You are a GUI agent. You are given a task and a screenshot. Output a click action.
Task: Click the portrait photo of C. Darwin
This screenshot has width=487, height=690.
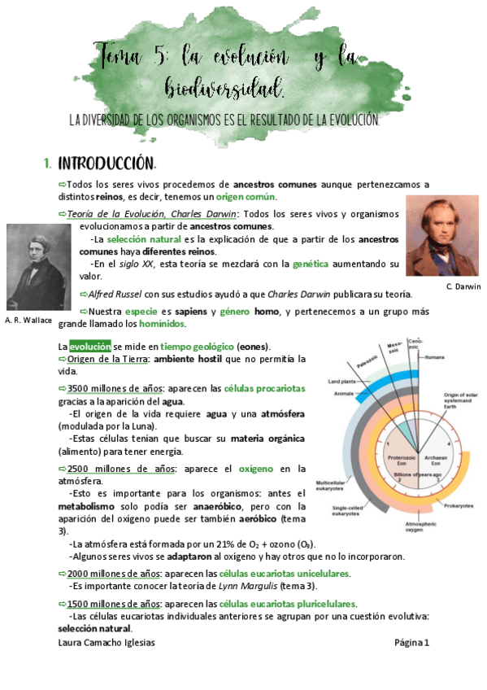coord(443,236)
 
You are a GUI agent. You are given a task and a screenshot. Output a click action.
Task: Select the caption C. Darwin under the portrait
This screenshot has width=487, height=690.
coord(463,286)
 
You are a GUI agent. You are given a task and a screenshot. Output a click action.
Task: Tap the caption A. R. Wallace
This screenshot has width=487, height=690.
coord(28,320)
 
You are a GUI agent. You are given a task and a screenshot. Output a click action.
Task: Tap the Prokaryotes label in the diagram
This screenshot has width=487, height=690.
coord(458,505)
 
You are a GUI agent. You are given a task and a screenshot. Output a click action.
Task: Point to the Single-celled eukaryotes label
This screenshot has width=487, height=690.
coord(347,511)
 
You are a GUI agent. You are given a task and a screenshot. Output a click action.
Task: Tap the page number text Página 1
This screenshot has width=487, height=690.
coord(411,642)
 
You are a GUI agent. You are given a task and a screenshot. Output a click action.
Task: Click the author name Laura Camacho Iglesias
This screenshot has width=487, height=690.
coord(107,642)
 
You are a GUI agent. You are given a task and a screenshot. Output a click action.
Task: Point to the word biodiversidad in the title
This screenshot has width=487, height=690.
coord(224,86)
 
